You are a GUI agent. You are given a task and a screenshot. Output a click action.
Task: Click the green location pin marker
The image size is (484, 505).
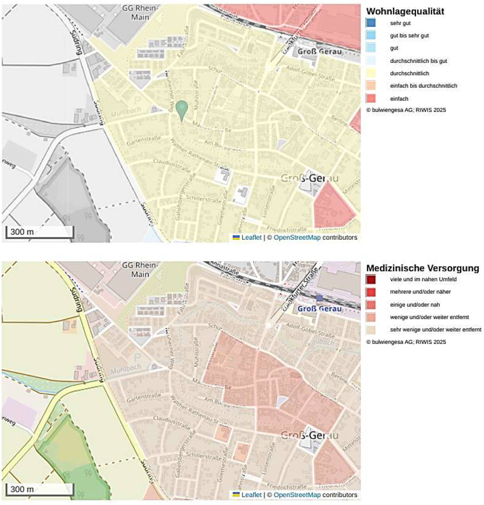182,109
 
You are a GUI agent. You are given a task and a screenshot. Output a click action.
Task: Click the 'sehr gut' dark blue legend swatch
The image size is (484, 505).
371,23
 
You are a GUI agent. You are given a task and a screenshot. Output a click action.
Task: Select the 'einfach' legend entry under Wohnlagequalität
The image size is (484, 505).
399,99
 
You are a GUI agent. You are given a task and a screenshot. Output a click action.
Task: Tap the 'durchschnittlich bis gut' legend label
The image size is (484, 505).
418,61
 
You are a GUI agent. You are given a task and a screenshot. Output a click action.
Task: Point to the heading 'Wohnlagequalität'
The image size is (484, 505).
405,11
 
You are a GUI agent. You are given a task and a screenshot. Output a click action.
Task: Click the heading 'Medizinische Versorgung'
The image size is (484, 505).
422,268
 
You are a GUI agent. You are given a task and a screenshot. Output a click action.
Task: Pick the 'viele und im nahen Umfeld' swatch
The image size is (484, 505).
371,279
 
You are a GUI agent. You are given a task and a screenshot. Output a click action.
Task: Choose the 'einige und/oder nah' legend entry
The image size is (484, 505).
415,305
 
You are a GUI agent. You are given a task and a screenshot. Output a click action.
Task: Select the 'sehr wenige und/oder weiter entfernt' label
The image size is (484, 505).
435,330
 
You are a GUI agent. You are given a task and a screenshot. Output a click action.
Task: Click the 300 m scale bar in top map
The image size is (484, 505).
40,232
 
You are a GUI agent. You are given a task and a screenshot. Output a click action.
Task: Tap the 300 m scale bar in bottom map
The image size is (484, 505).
40,489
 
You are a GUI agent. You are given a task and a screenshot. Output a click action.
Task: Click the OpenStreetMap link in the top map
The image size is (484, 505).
297,237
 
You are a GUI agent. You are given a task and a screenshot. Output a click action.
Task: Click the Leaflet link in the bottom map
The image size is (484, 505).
251,495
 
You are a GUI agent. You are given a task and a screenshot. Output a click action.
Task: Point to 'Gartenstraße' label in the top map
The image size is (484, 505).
144,140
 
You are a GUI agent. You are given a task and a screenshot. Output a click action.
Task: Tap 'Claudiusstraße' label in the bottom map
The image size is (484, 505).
171,422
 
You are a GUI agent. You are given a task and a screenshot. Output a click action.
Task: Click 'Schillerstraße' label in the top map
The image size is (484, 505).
204,199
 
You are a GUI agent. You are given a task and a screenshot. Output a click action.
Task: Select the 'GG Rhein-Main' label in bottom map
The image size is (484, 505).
140,270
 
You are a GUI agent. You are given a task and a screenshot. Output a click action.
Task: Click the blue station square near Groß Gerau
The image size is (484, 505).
319,298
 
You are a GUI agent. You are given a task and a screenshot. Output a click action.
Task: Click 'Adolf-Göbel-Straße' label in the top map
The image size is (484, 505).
310,73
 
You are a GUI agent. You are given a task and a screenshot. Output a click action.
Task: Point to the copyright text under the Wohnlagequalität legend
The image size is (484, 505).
406,110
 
